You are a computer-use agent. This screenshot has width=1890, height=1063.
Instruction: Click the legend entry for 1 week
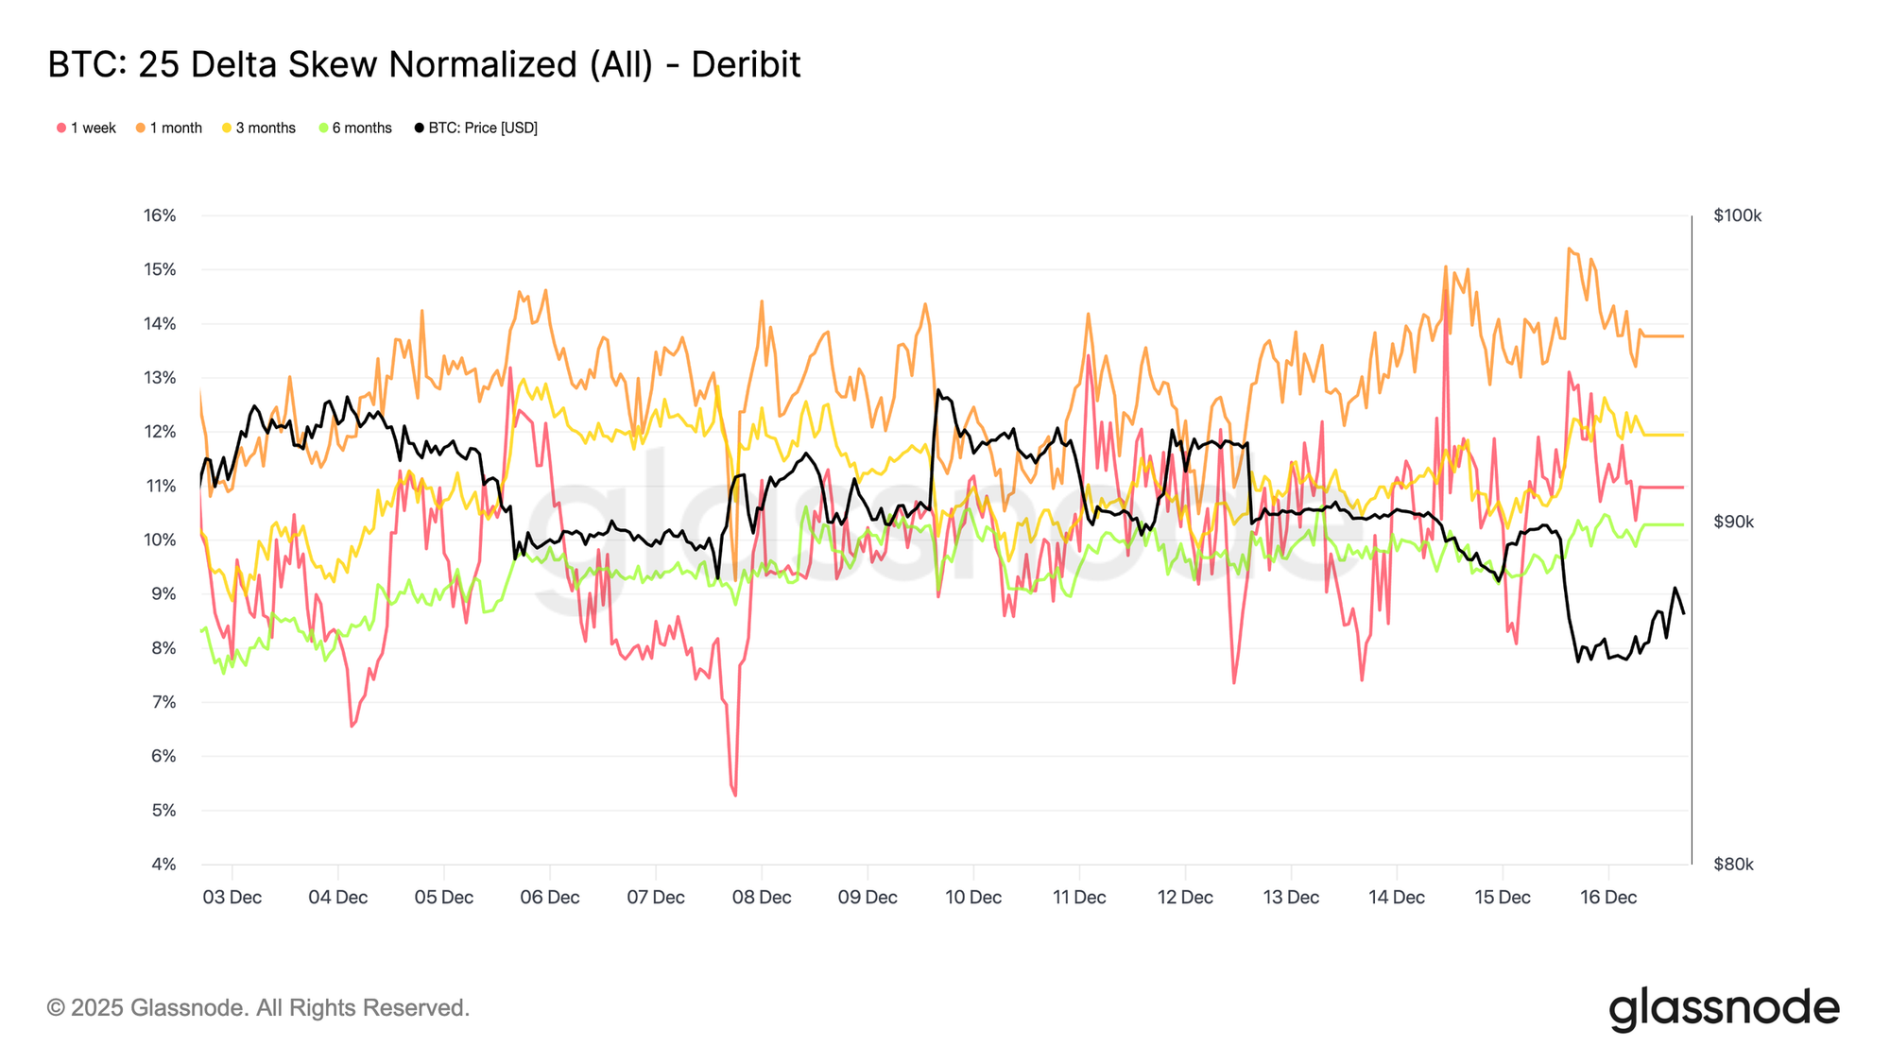pos(86,129)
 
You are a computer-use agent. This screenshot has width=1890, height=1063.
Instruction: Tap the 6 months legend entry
pos(355,129)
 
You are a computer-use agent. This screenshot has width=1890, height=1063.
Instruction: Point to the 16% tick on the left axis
pos(160,215)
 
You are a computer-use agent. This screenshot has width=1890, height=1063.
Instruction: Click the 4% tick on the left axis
pos(163,865)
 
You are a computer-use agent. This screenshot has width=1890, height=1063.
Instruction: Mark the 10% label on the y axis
pos(160,540)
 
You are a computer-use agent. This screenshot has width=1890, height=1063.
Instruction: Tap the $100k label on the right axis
pos(1737,216)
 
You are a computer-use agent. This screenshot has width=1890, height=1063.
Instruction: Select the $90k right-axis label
pos(1733,523)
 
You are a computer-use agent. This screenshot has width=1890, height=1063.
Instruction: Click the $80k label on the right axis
pos(1733,865)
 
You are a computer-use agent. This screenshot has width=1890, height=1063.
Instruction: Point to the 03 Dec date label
pos(232,898)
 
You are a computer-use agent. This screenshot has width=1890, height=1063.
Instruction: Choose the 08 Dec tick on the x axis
pos(762,898)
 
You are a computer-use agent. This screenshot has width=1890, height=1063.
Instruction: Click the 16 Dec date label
pos(1608,898)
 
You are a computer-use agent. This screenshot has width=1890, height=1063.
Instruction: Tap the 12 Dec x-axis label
pos(1185,898)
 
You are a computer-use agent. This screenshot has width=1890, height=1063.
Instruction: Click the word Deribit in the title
pos(746,65)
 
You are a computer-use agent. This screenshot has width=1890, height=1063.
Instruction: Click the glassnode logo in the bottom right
pos(1724,1008)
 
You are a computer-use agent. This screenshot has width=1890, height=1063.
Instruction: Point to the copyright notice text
pos(258,1008)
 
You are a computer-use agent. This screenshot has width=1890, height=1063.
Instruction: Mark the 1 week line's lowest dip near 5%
pos(735,795)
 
